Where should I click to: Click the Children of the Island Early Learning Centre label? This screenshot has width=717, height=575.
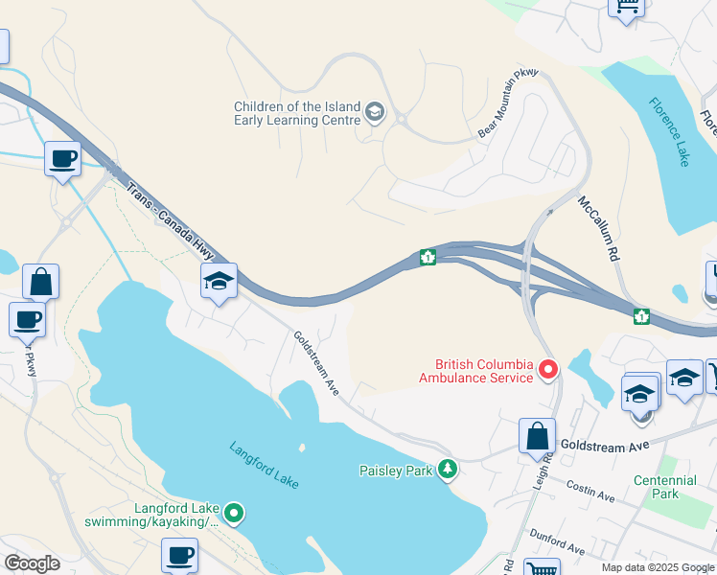pyautogui.click(x=297, y=113)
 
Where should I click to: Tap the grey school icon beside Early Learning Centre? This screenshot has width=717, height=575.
pyautogui.click(x=375, y=114)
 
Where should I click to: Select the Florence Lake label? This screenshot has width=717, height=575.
pyautogui.click(x=668, y=131)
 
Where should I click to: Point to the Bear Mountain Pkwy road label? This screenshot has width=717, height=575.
pyautogui.click(x=509, y=103)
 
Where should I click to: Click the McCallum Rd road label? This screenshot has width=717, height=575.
pyautogui.click(x=598, y=230)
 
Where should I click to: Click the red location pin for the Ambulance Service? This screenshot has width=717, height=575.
pyautogui.click(x=548, y=369)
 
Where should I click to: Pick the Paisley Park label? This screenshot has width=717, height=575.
pyautogui.click(x=396, y=471)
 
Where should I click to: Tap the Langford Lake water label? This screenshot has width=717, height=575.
pyautogui.click(x=264, y=465)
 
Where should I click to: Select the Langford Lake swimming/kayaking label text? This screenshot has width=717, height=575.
pyautogui.click(x=151, y=515)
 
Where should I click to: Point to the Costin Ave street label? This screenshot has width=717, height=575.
pyautogui.click(x=589, y=491)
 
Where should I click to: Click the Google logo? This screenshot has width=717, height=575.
pyautogui.click(x=32, y=563)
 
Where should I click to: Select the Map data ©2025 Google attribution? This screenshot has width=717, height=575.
pyautogui.click(x=658, y=567)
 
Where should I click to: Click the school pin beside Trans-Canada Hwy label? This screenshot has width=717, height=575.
pyautogui.click(x=219, y=282)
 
